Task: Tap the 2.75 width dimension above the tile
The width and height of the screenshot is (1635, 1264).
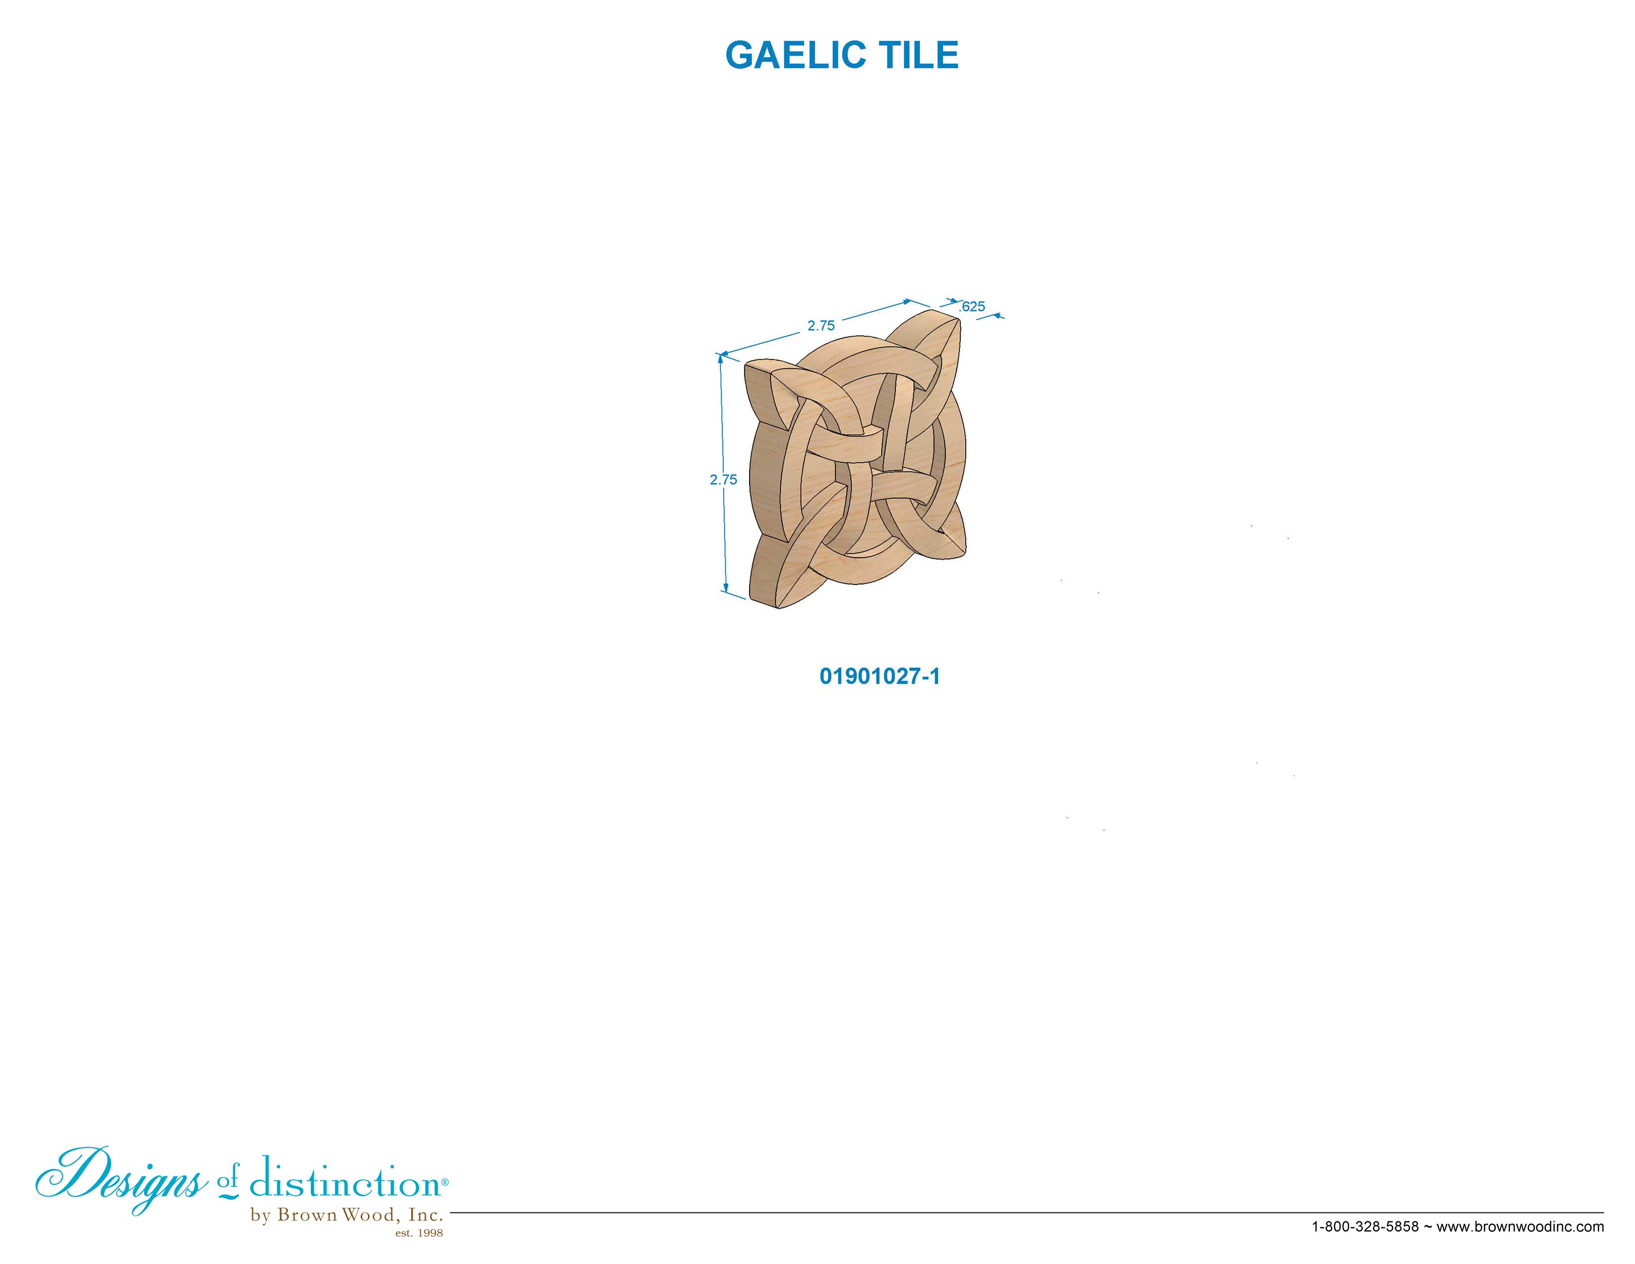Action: point(821,326)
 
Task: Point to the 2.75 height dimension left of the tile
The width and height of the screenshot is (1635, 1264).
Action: point(724,480)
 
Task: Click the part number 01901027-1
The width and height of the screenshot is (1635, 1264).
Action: point(879,676)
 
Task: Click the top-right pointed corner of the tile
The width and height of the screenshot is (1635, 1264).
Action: point(959,318)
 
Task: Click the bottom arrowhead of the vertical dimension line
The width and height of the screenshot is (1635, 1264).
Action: point(725,588)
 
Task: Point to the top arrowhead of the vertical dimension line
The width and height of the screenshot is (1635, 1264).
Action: point(721,358)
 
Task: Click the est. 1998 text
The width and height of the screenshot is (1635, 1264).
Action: point(419,1233)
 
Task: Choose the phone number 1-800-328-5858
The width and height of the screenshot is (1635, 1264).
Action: point(1365,1226)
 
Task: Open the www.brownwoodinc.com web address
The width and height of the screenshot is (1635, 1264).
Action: point(1521,1226)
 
